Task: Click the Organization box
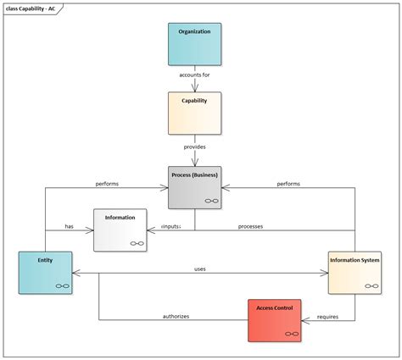[194, 45]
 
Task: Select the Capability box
[194, 114]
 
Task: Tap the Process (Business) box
[194, 186]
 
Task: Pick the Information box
[120, 230]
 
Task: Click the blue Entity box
[45, 272]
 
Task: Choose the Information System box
[354, 272]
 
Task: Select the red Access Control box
[274, 319]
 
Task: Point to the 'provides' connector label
[194, 147]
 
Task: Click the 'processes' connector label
[250, 226]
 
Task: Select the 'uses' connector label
[200, 269]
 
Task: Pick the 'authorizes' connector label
[176, 316]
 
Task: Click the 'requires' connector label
[328, 316]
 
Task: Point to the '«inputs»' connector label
[171, 226]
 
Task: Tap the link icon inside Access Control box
[291, 334]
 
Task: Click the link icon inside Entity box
[62, 286]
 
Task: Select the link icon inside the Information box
[137, 243]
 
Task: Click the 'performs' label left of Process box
[107, 183]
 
